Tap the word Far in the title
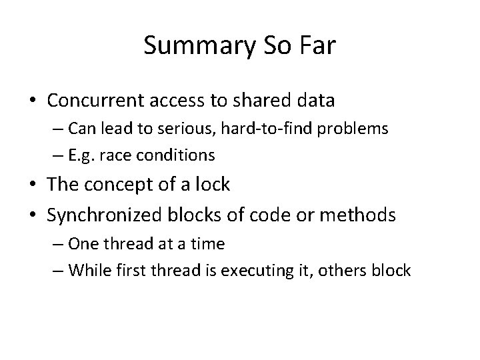click(x=319, y=45)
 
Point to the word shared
click(x=261, y=101)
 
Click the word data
click(x=315, y=101)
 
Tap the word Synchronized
click(x=111, y=215)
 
